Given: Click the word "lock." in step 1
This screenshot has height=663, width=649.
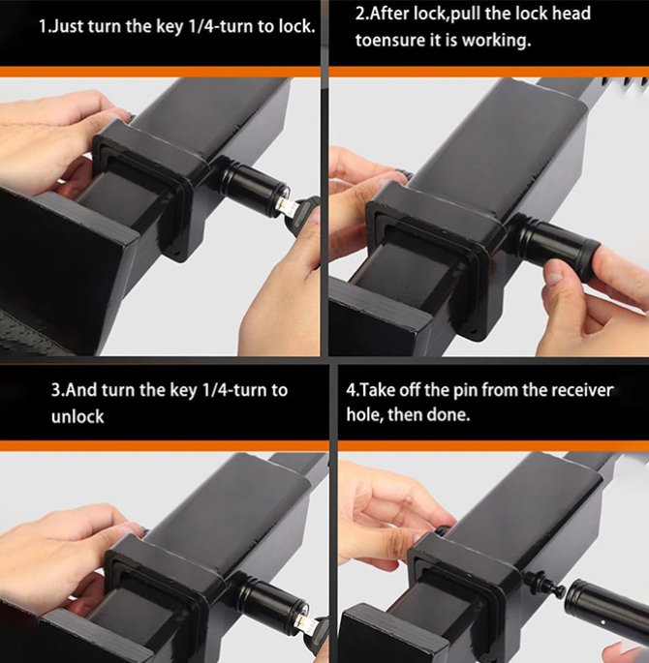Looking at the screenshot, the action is (297, 26).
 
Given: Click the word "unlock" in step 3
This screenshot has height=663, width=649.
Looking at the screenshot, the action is (77, 416).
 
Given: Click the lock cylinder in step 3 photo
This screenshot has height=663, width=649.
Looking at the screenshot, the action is (271, 595).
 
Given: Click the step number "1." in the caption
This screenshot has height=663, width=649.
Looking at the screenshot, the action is (44, 26).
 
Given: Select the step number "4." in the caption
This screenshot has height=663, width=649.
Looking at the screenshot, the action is (353, 389).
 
